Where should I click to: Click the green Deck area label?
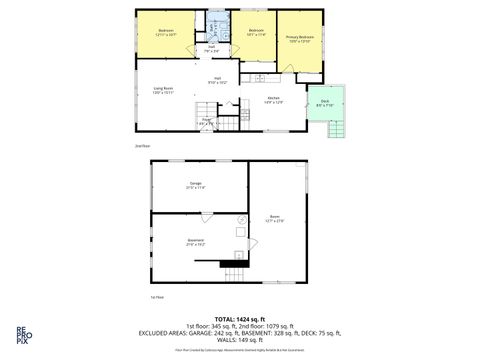pos(325,101)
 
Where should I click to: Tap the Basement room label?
pos(196,241)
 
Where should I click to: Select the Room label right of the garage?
pos(273,218)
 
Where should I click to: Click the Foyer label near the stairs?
pos(207,121)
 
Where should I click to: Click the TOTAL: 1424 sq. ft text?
pos(240,317)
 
